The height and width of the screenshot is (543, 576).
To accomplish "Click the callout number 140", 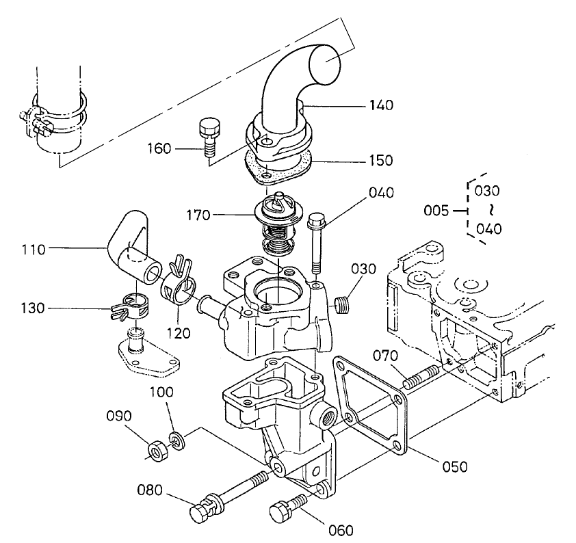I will [x=381, y=105].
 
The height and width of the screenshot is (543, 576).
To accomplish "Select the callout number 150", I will [x=381, y=161].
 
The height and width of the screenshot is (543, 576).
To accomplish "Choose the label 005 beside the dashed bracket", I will [x=436, y=211].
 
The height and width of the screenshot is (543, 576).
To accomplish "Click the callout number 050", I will [x=454, y=467].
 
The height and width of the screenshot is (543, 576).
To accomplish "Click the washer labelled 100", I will [x=176, y=441].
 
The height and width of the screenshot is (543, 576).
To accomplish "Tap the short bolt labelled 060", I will [x=287, y=508].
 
